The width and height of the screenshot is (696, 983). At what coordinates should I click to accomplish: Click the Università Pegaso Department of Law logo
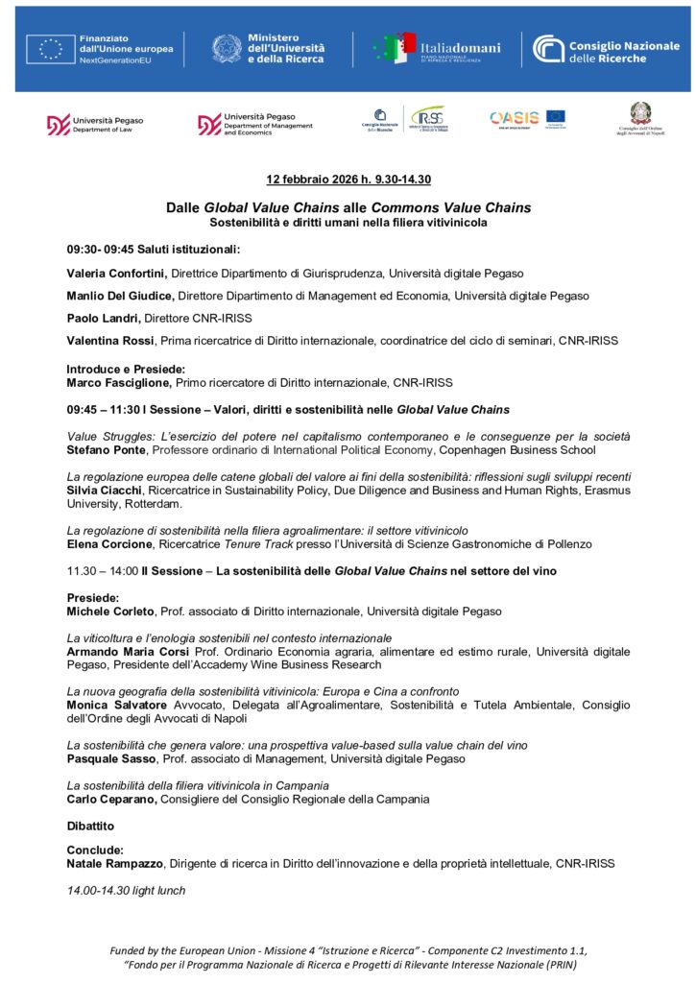95,125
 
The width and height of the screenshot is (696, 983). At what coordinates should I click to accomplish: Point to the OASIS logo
515,118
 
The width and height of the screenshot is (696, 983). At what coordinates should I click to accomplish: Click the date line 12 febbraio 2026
348,180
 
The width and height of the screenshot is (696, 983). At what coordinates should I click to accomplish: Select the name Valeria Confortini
116,274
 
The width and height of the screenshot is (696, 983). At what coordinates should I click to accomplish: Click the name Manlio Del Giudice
120,296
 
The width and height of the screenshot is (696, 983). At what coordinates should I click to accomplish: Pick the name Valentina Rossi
108,340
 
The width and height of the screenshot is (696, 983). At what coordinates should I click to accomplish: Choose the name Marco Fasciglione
119,382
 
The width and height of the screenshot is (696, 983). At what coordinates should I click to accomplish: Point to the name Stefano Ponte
105,449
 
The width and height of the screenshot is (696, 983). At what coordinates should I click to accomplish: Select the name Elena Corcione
108,543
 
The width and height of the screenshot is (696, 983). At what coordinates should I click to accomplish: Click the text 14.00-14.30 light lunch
126,890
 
